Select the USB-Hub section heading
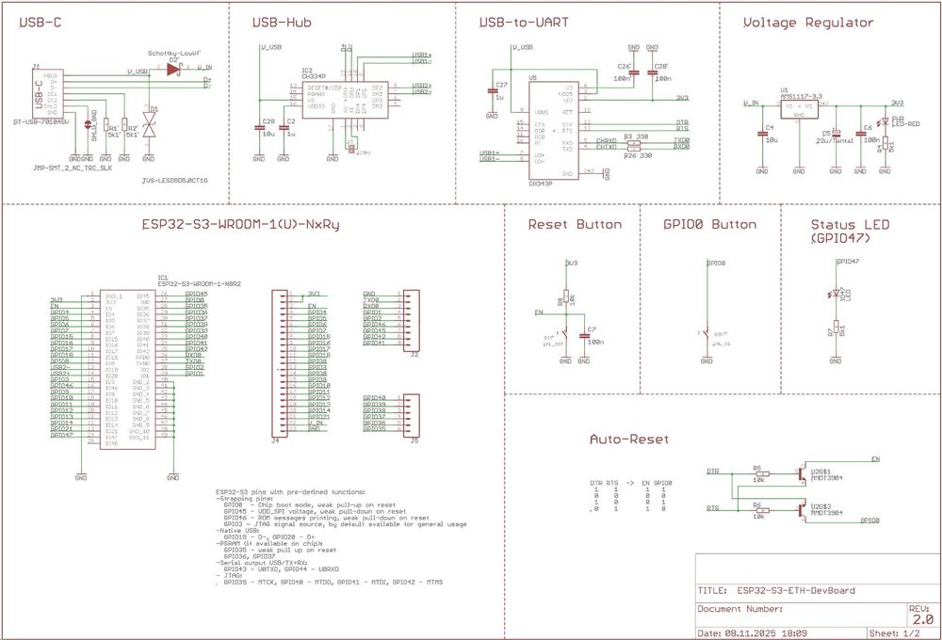click(283, 23)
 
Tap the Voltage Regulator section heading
click(807, 23)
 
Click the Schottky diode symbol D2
click(172, 69)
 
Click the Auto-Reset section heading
click(628, 440)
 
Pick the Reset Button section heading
click(575, 224)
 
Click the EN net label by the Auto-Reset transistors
click(876, 459)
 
